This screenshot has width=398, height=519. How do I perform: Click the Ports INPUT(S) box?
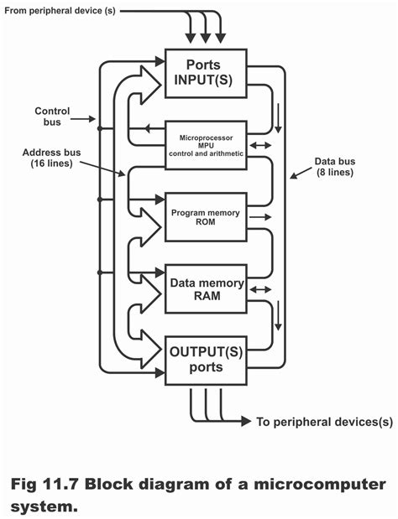(x=206, y=73)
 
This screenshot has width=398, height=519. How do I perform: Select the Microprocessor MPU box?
(x=206, y=144)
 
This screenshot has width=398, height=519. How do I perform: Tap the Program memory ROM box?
(x=206, y=217)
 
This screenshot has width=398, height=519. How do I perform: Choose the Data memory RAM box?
(x=206, y=289)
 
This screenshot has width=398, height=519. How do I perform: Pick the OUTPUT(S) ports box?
(x=206, y=360)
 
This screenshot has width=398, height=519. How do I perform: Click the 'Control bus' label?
(x=51, y=117)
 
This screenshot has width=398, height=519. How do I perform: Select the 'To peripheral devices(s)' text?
(x=324, y=422)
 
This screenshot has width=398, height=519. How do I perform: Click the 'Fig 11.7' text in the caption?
(x=43, y=485)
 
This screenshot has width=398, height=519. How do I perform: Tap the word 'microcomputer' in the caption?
(x=318, y=485)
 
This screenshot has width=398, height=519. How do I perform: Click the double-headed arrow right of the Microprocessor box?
(x=262, y=145)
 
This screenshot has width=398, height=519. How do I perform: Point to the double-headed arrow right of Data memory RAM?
(x=262, y=289)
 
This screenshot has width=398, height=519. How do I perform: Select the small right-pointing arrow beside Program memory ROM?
(x=262, y=217)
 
